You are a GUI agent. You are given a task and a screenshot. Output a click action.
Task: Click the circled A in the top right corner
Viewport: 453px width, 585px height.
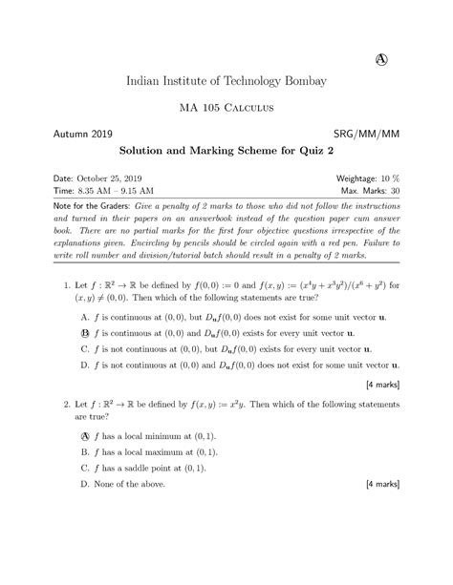point(379,59)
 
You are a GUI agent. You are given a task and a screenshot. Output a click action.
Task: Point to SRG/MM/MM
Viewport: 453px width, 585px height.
point(366,132)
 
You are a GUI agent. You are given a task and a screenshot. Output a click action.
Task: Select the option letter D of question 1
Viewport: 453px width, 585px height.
point(86,366)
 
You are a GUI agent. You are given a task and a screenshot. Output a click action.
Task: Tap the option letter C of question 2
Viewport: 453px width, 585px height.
point(86,468)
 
